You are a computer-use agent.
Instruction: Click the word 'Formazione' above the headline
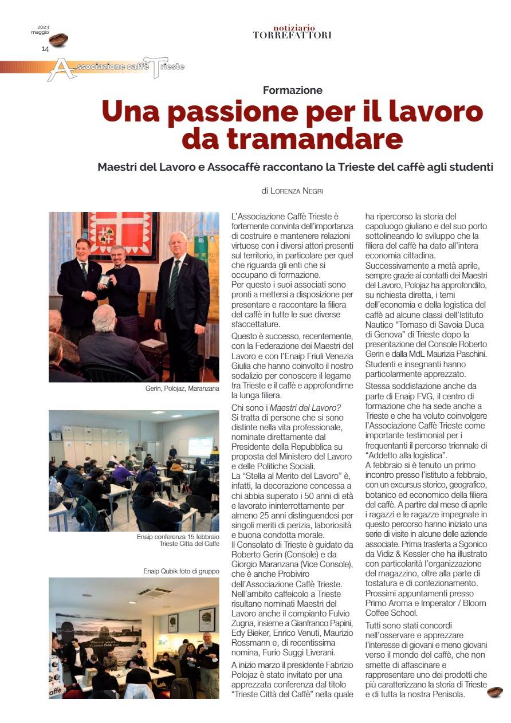click(x=292, y=90)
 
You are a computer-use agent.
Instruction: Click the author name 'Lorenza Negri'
click(x=298, y=191)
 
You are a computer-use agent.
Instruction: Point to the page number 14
click(x=45, y=49)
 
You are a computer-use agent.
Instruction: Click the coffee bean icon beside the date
click(x=58, y=40)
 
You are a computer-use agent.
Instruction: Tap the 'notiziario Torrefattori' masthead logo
click(x=292, y=32)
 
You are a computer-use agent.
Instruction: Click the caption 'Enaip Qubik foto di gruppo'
click(x=181, y=571)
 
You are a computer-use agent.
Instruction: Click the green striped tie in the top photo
click(x=173, y=284)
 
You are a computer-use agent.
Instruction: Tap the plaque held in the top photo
click(x=104, y=280)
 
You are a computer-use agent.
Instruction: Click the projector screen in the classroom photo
click(x=200, y=446)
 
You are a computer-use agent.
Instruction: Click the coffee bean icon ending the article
click(x=494, y=691)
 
